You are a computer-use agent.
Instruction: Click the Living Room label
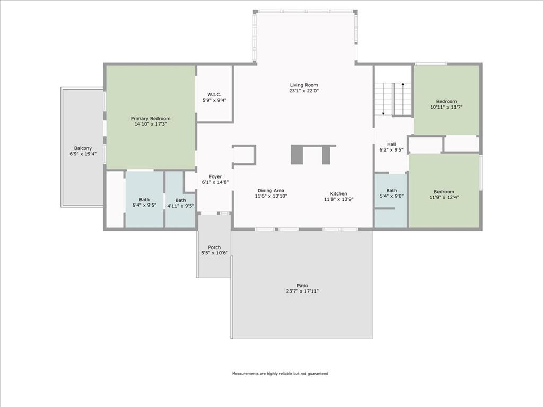304,85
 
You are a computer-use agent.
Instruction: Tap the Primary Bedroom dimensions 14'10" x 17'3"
151,125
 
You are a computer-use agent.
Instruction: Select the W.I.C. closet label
214,94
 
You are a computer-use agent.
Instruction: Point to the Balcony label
83,148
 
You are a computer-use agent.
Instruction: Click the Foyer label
215,176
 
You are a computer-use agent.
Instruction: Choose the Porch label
214,247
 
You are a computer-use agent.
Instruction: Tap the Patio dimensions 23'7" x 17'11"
303,291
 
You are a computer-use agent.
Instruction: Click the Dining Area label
271,191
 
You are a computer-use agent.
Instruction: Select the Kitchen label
338,193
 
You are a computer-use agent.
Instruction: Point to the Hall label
391,144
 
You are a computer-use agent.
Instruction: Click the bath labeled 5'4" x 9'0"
391,193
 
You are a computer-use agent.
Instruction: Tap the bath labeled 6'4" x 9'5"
144,202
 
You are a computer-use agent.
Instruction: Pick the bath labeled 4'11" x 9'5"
180,203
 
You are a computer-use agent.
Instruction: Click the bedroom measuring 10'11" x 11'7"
446,104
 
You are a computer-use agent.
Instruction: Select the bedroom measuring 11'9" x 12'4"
444,194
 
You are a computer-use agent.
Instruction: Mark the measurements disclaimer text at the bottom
280,374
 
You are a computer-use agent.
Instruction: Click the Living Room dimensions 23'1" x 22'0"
304,91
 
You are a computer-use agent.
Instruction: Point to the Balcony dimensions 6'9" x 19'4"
83,154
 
